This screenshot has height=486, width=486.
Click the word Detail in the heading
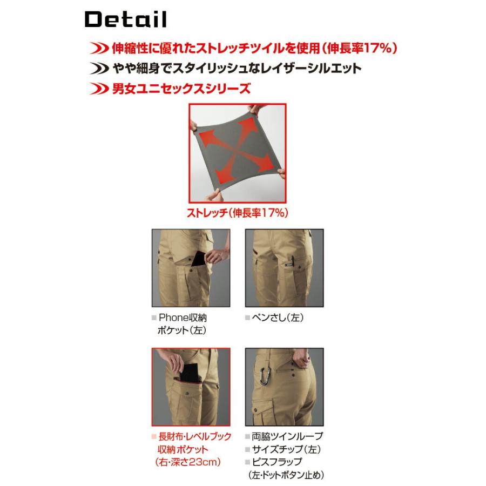click(x=125, y=20)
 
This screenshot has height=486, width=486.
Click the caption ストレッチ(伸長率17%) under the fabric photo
click(x=237, y=213)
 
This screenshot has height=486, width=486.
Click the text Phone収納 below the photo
click(x=182, y=318)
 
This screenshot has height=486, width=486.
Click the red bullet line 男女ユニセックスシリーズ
click(x=181, y=88)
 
